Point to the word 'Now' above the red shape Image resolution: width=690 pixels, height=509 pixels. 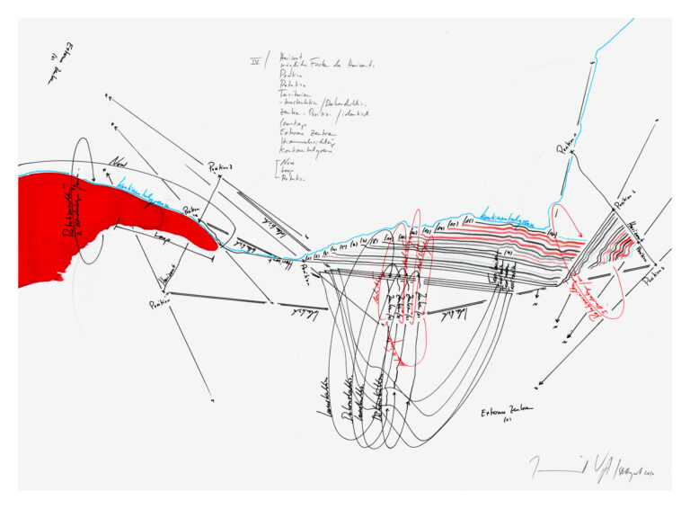(118, 162)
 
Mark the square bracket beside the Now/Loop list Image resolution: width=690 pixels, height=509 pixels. (275, 169)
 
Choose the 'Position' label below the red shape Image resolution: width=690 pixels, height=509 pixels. (160, 304)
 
